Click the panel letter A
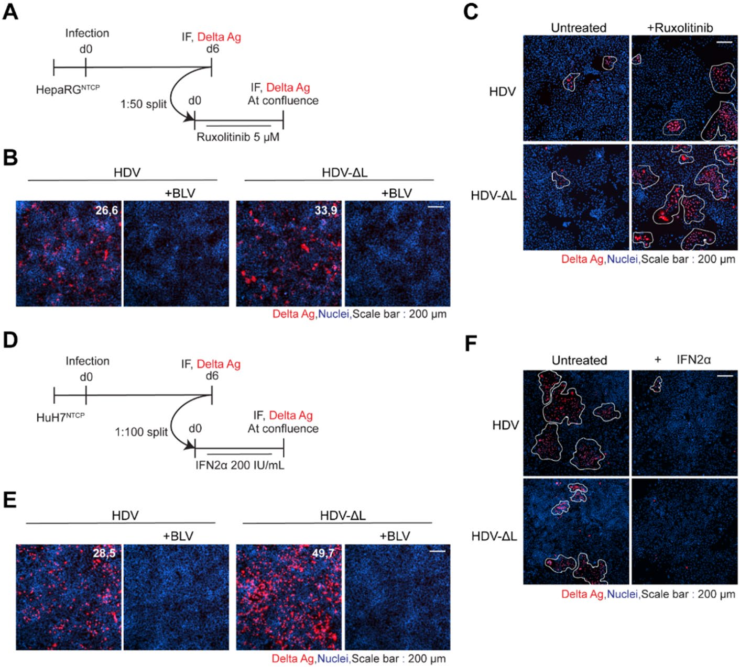(10, 13)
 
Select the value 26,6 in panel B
(106, 210)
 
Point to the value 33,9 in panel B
(326, 210)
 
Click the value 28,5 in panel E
(104, 553)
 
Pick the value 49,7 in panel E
(323, 553)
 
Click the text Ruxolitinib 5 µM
(238, 137)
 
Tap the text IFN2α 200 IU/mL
(240, 465)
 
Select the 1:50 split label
(144, 104)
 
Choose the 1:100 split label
(142, 432)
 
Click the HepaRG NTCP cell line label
(68, 90)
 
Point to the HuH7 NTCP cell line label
(60, 417)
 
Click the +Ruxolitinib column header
(680, 28)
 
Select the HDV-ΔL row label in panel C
(494, 196)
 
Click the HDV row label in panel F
(505, 425)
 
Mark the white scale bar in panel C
(724, 42)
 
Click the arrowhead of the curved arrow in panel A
(190, 117)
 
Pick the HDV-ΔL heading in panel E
(343, 516)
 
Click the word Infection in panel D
(88, 361)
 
